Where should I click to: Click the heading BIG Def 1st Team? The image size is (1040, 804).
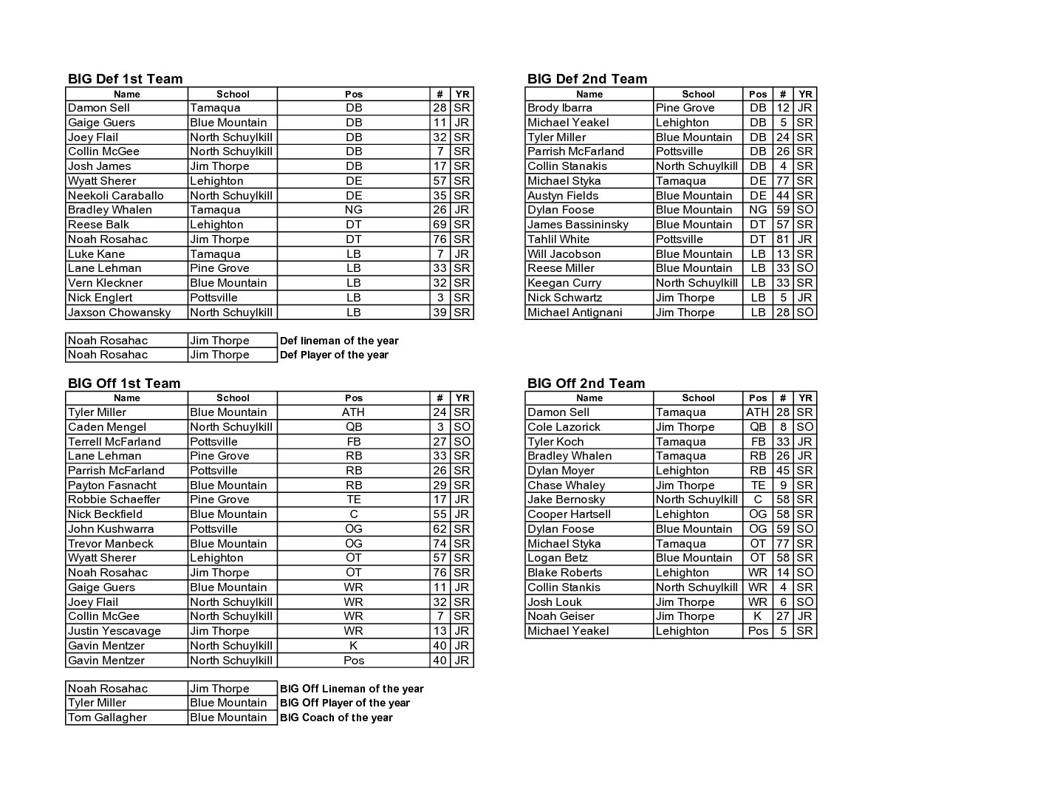coord(125,79)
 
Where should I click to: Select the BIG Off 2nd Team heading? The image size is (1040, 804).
coord(586,383)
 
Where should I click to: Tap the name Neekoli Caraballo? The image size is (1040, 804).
coord(116,196)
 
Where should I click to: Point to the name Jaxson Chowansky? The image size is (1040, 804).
coord(119,313)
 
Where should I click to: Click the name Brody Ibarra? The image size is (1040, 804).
coord(559,108)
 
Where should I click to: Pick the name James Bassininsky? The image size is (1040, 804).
coord(578,225)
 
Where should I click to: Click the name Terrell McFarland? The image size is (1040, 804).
coord(114,442)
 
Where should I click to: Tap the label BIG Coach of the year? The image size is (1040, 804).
coord(336,718)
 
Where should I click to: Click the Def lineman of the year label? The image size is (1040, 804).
coord(339,341)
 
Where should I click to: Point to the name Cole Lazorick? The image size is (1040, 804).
coord(564,427)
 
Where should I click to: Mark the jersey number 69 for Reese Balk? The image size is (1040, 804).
coord(439,225)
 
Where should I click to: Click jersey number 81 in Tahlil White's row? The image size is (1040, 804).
coord(782,239)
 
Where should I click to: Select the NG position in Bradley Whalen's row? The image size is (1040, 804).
coord(354,210)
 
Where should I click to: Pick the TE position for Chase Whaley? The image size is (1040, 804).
coord(758,486)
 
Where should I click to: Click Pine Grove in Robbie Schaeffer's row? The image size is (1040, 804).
coord(219,500)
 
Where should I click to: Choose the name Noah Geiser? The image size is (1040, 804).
coord(561,616)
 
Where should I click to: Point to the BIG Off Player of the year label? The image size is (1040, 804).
coord(344,703)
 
